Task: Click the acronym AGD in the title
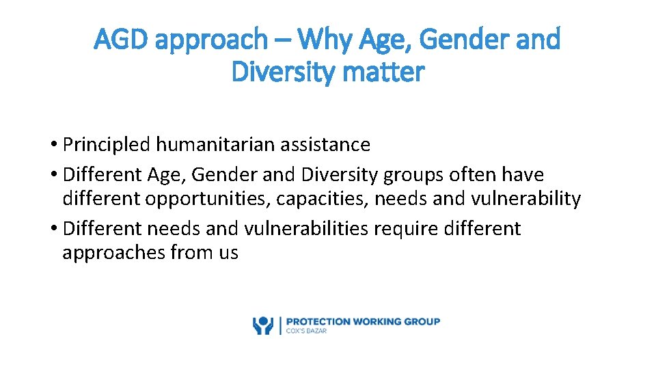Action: (x=123, y=40)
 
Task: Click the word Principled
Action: (x=106, y=145)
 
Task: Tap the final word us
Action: (x=228, y=253)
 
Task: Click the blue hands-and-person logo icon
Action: (x=262, y=325)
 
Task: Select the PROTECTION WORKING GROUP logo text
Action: (x=363, y=321)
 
